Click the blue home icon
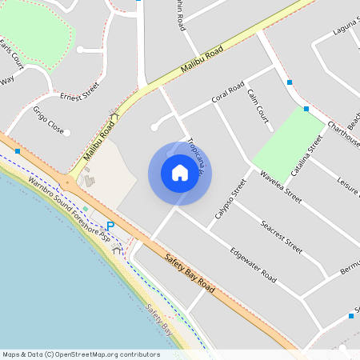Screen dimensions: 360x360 pos(179,173)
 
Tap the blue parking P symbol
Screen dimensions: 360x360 pos(110,226)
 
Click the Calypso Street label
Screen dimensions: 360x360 pos(230,205)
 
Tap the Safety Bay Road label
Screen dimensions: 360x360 pos(190,273)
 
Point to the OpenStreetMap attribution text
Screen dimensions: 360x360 pos(81,354)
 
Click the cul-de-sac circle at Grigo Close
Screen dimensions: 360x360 pos(66,133)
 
